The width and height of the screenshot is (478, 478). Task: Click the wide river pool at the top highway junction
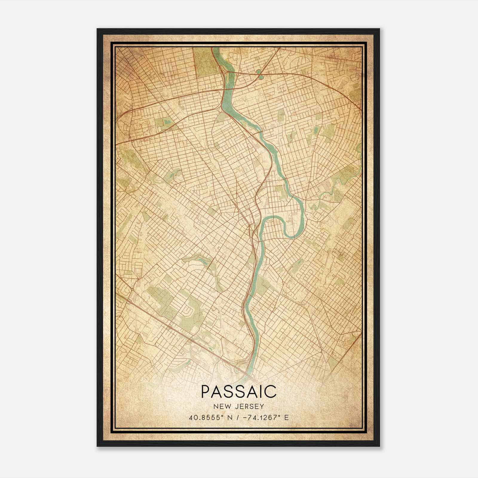tap(229, 90)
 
